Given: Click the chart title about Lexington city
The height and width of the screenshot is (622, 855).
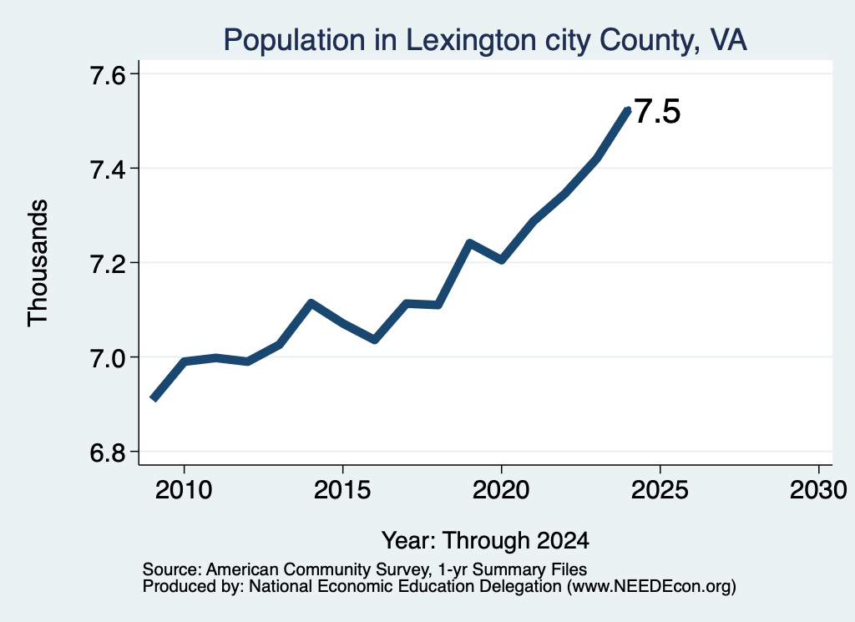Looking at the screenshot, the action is (x=485, y=40).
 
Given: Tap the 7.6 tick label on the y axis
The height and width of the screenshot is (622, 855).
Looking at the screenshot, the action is (x=108, y=74).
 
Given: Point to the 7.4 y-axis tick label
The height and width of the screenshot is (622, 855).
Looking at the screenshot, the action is (x=108, y=169).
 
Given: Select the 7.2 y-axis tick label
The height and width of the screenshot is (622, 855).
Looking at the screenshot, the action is (x=108, y=263).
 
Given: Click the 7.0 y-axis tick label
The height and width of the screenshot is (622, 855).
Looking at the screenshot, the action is (x=108, y=357).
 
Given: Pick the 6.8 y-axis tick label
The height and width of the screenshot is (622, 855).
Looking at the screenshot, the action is (x=108, y=452).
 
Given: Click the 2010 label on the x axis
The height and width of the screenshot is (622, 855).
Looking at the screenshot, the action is (x=184, y=489).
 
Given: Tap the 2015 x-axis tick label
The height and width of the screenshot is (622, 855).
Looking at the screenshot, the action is (x=342, y=489).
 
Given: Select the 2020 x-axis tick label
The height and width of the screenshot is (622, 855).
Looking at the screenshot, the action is (x=501, y=489).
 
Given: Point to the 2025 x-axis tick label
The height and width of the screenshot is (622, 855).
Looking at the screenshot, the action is (x=660, y=489).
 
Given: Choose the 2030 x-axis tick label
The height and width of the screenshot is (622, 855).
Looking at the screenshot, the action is (x=818, y=489).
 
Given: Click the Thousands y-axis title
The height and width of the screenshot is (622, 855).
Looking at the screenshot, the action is (x=38, y=263).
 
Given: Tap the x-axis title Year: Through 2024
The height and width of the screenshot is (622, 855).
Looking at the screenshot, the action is (x=485, y=540).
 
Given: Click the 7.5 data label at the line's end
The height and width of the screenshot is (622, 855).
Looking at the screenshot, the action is (x=658, y=112).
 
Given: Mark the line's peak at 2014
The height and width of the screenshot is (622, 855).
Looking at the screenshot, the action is (x=311, y=303).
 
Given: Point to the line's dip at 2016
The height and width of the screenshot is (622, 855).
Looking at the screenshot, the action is (x=375, y=340).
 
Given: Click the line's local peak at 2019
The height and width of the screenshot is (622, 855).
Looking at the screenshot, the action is (x=469, y=243).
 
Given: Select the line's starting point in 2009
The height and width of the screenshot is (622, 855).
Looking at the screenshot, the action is (x=154, y=399).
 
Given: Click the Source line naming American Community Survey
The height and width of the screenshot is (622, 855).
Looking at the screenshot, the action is (x=365, y=569).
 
